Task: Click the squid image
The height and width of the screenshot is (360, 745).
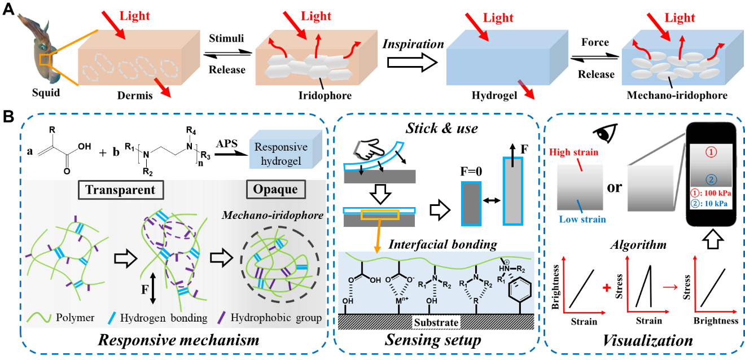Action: pyautogui.click(x=38, y=48)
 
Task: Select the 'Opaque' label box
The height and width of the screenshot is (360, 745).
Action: pyautogui.click(x=276, y=190)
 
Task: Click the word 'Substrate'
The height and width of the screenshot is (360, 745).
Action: pyautogui.click(x=436, y=323)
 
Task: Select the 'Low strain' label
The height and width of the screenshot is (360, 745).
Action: pyautogui.click(x=582, y=219)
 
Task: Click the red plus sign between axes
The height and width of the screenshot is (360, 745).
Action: pyautogui.click(x=607, y=288)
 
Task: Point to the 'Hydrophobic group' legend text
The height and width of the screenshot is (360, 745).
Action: pyautogui.click(x=276, y=318)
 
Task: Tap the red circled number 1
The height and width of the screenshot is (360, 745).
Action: pyautogui.click(x=711, y=152)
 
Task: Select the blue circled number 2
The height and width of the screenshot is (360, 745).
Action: pyautogui.click(x=711, y=179)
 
